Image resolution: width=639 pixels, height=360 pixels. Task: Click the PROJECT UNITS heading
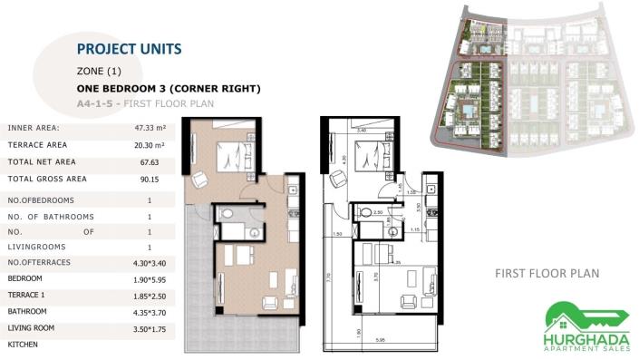(129, 49)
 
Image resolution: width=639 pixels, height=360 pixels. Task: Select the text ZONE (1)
(99, 71)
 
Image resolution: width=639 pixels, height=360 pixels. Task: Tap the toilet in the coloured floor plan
(228, 213)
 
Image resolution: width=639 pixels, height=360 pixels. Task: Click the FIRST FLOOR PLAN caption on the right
(547, 273)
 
